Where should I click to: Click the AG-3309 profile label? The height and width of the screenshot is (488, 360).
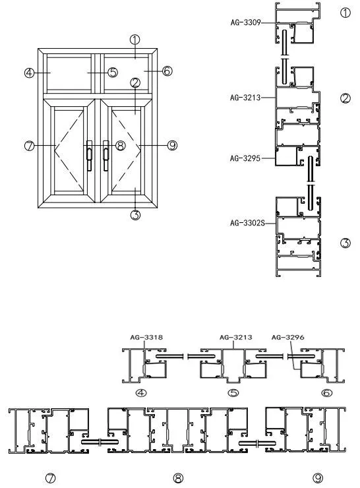pyautogui.click(x=245, y=22)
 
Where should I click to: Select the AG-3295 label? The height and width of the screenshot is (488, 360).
pyautogui.click(x=245, y=158)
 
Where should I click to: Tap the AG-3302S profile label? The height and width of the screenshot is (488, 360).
pyautogui.click(x=247, y=223)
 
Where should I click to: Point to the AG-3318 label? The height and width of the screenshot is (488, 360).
pyautogui.click(x=146, y=338)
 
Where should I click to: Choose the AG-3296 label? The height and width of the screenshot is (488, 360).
pyautogui.click(x=288, y=338)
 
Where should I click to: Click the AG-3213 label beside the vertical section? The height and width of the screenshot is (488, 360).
pyautogui.click(x=245, y=98)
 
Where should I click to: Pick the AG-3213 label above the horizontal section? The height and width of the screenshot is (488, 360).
pyautogui.click(x=236, y=338)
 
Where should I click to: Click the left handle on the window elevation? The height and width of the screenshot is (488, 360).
pyautogui.click(x=89, y=155)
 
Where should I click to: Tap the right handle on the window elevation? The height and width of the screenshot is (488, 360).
pyautogui.click(x=105, y=155)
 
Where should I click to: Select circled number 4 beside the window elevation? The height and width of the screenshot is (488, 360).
pyautogui.click(x=29, y=73)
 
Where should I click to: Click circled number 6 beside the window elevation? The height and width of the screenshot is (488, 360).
pyautogui.click(x=167, y=71)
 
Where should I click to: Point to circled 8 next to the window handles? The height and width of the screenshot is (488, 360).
pyautogui.click(x=121, y=145)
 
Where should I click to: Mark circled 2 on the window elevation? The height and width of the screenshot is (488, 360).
pyautogui.click(x=135, y=83)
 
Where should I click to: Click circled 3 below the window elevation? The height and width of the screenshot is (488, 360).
pyautogui.click(x=135, y=214)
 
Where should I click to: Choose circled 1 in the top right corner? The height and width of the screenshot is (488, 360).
pyautogui.click(x=345, y=13)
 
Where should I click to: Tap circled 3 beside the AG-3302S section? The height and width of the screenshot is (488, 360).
pyautogui.click(x=345, y=243)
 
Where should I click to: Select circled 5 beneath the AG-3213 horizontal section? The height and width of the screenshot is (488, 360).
pyautogui.click(x=233, y=393)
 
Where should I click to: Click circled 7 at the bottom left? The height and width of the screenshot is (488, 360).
pyautogui.click(x=50, y=477)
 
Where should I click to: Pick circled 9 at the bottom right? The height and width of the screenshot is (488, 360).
pyautogui.click(x=318, y=477)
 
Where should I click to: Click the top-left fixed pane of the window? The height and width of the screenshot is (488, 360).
pyautogui.click(x=69, y=73)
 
